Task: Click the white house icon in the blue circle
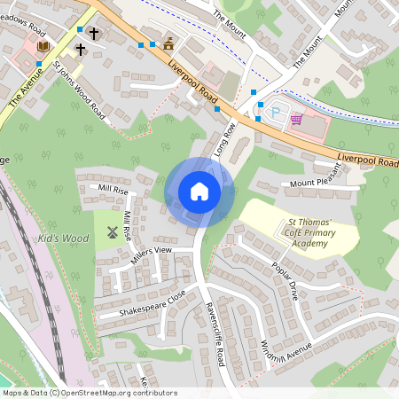click(199, 192)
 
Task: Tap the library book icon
click(44, 47)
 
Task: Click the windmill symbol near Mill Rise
click(112, 232)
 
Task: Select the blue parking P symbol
click(274, 112)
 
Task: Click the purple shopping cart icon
click(296, 119)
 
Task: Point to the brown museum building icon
click(168, 43)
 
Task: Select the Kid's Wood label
click(63, 239)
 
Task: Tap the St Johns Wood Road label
click(79, 90)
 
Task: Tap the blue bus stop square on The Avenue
click(39, 64)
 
